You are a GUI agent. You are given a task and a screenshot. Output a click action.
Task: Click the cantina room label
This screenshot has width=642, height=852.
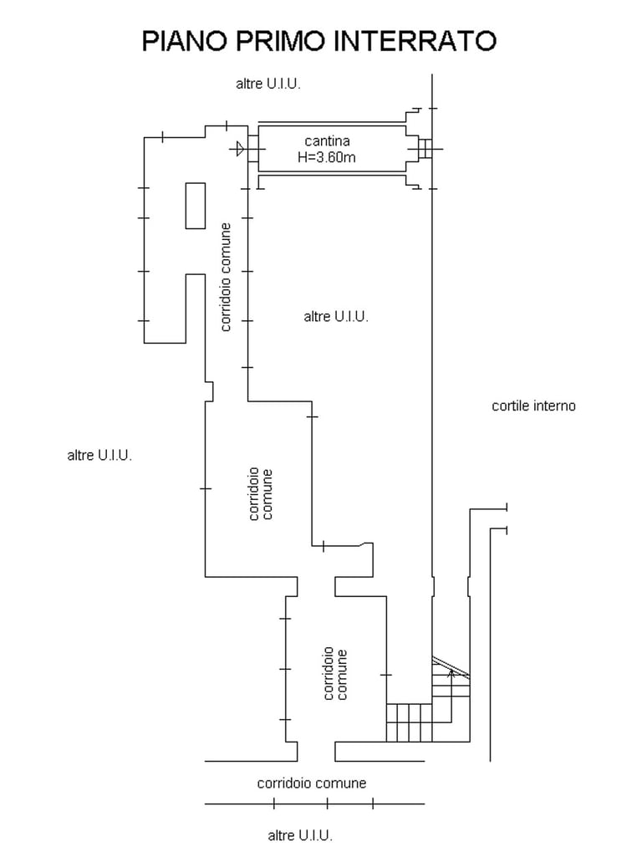coord(327,141)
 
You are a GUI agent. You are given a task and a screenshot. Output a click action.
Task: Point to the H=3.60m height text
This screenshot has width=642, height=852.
coord(327,156)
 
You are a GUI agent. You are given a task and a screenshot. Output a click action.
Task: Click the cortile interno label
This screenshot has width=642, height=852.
coord(533,406)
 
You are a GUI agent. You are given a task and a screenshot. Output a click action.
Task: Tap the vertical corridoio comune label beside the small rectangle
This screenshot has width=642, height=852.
coord(226,277)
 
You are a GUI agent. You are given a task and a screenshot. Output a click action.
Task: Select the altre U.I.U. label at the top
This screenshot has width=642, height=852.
coord(267,84)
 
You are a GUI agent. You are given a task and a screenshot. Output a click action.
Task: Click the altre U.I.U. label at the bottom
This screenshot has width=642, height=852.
coord(300,835)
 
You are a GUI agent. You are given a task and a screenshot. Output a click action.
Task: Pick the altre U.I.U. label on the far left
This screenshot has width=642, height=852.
coord(99,456)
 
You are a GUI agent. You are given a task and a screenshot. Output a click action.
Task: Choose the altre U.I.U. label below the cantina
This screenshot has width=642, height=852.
coord(336,317)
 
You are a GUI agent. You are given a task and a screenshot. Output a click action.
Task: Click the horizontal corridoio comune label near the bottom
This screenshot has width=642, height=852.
coord(311,783)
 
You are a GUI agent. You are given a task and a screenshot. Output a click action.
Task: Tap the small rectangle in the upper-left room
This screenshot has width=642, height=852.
coord(195,205)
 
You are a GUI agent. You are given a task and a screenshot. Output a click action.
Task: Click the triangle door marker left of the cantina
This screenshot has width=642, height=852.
coord(240,150)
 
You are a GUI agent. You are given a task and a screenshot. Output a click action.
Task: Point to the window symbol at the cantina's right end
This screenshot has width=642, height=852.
coord(424,149)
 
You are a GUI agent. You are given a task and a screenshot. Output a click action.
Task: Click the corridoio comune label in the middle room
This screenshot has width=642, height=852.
coord(261,494)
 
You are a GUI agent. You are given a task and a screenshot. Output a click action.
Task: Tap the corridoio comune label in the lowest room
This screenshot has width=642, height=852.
coord(335,674)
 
